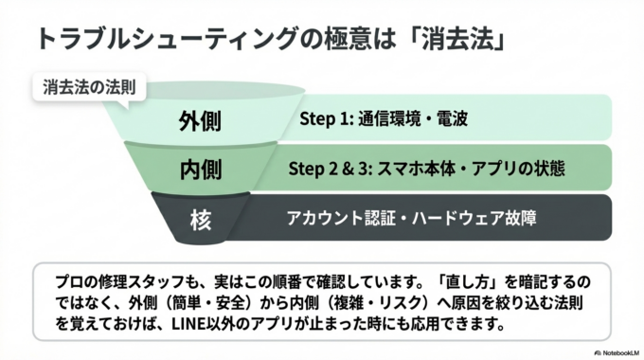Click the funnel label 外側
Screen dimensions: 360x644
[200, 121]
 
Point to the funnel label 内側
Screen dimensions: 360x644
[200, 171]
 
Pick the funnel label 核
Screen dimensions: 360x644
[200, 220]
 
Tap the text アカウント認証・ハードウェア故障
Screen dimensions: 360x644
[412, 219]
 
